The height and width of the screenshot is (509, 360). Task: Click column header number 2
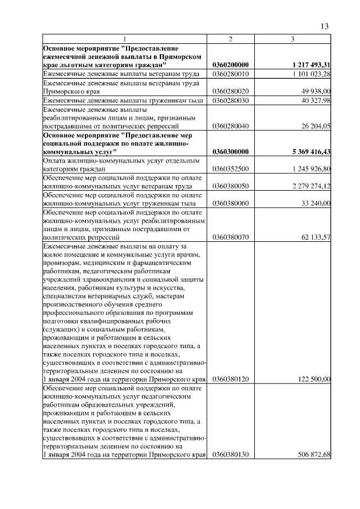pos(231,38)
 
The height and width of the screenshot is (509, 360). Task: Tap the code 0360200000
pos(231,65)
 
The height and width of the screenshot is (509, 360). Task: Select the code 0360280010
pos(231,74)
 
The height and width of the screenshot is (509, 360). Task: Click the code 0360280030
pos(231,100)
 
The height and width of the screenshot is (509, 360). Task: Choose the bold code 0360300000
pos(231,152)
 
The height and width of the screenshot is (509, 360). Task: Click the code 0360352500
pos(231,169)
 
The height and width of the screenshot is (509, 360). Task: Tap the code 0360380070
pos(231,238)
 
